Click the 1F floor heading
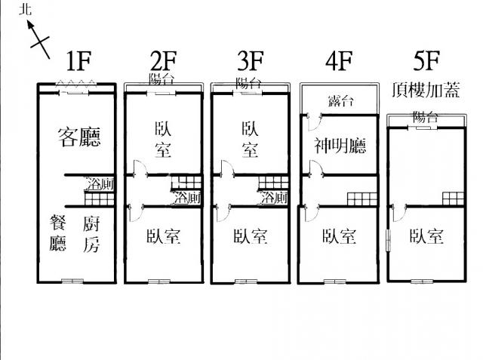click(x=80, y=60)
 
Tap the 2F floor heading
click(x=164, y=60)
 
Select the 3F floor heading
click(x=250, y=60)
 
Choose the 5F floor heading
click(x=425, y=60)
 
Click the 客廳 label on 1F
click(x=79, y=137)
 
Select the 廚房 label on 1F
click(x=91, y=233)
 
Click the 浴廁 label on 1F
click(x=100, y=183)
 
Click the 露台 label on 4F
click(x=340, y=101)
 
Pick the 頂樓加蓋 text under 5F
click(x=426, y=89)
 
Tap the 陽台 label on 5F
click(x=425, y=117)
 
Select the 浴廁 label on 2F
click(x=188, y=198)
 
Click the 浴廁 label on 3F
click(x=274, y=198)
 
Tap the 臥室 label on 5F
click(x=426, y=236)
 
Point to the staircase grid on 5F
click(x=453, y=198)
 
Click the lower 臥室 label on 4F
click(x=338, y=237)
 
